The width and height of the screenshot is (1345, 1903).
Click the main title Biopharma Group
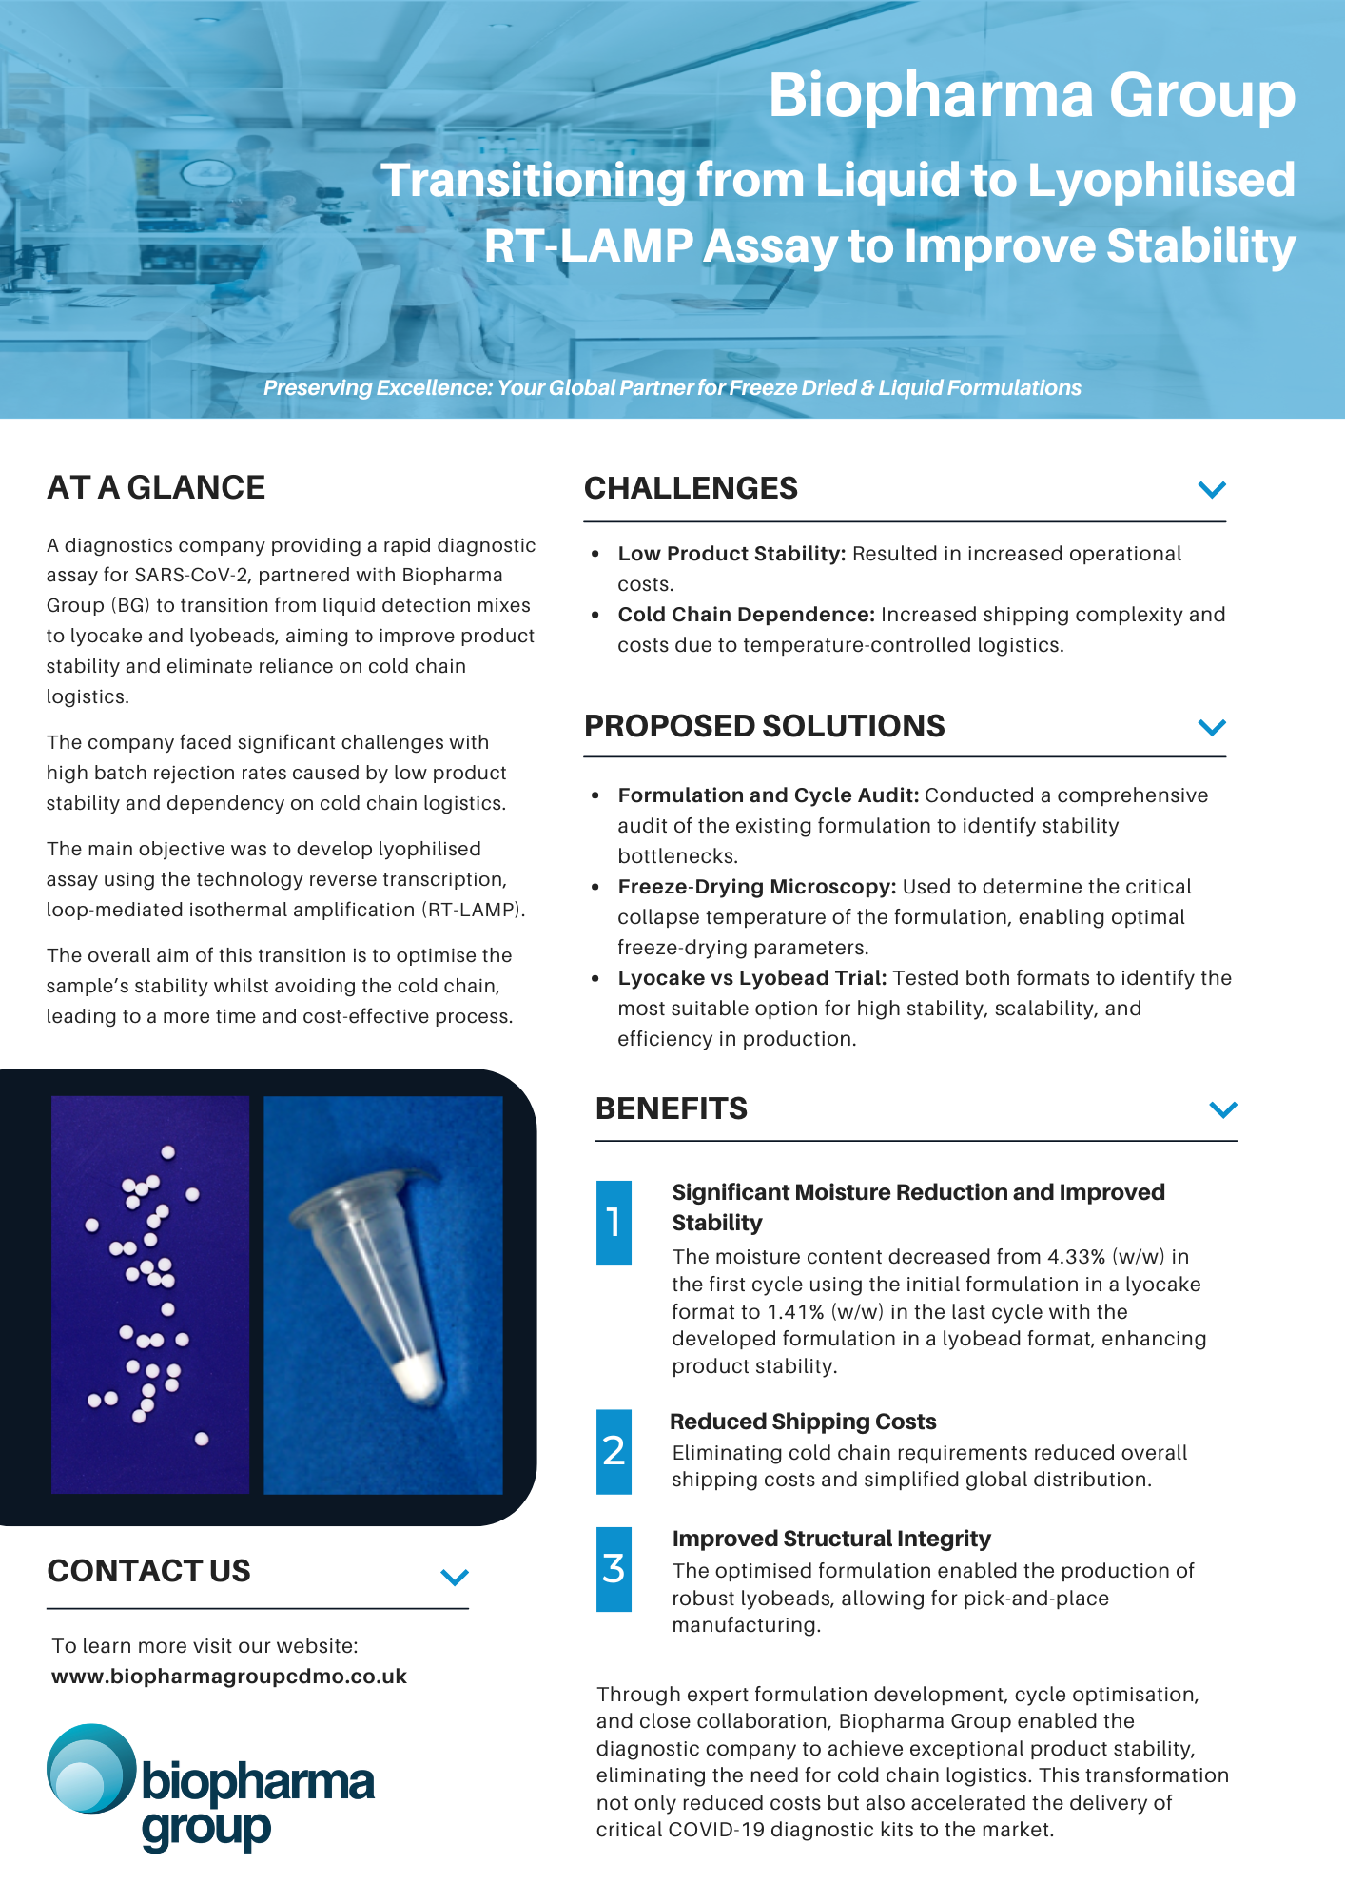pos(1031,95)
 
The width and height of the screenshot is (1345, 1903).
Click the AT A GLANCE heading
pos(156,488)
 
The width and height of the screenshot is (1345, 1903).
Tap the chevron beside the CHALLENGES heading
pos(1212,489)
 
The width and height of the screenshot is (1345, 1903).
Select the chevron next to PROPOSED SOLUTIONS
pos(1212,727)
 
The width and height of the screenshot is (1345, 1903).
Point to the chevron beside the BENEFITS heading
pos(1223,1109)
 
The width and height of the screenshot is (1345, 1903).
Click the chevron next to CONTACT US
pos(455,1578)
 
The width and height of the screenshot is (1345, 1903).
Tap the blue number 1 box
pos(614,1223)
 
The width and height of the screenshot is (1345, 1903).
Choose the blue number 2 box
pos(614,1451)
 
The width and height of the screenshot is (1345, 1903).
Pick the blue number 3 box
pos(614,1569)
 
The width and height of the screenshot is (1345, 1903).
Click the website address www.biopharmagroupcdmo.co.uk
pos(229,1677)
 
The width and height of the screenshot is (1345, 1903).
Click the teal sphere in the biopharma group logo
pos(90,1769)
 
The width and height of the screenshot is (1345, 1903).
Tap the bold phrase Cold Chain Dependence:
pos(746,615)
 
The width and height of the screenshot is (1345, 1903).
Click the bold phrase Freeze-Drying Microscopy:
pos(756,887)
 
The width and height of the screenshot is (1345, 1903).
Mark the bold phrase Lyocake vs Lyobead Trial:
pos(751,978)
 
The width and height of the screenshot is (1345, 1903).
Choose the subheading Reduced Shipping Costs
pos(803,1422)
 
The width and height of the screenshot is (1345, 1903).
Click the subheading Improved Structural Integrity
pos(831,1539)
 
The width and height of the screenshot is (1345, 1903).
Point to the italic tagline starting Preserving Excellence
pos(672,388)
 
